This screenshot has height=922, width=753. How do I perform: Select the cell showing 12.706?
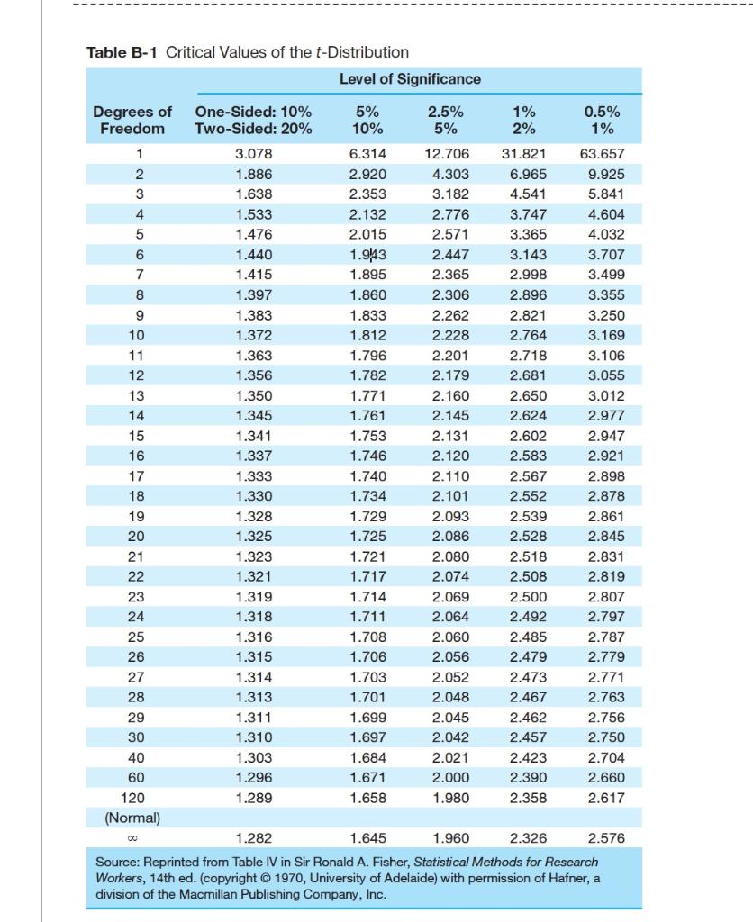445,154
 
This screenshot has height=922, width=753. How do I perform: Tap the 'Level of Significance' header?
410,79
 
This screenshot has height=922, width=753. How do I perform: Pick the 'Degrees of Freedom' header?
133,120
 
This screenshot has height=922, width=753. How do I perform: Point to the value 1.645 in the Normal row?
367,839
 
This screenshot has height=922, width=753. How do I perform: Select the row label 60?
133,778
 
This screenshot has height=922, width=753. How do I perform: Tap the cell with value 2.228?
449,335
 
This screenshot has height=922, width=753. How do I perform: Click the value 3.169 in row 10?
603,335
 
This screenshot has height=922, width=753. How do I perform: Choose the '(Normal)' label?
132,818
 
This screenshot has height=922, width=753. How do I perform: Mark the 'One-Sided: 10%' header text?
253,112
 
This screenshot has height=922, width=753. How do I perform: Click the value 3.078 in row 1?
253,154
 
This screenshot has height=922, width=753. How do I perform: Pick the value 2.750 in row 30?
603,737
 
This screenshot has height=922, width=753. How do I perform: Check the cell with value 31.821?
522,154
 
